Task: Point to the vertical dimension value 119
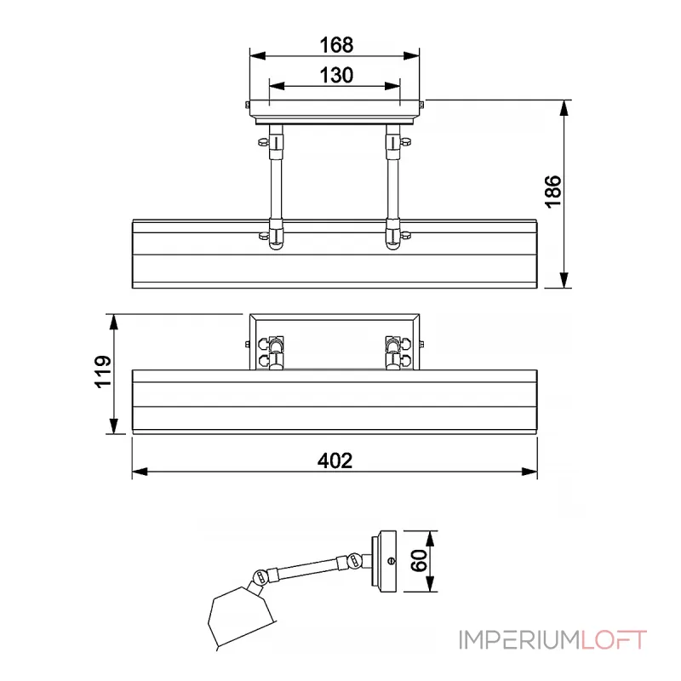tap(101, 373)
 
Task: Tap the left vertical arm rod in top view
tap(276, 183)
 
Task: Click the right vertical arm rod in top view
tap(392, 183)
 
